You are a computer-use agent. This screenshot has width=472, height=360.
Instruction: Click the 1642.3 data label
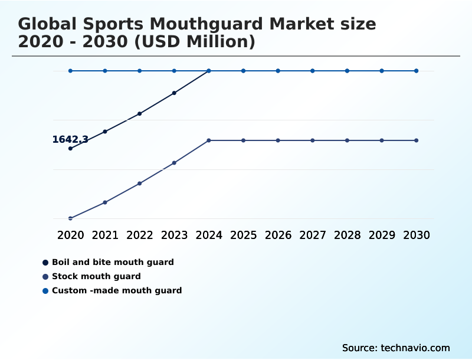70,140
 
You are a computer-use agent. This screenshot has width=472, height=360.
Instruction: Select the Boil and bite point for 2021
105,132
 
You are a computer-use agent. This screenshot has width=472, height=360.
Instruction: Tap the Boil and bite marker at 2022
140,113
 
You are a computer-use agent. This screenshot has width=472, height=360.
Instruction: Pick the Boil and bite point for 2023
174,93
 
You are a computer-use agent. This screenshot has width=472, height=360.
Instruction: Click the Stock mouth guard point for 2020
70,218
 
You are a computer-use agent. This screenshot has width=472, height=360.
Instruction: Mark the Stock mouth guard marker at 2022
140,184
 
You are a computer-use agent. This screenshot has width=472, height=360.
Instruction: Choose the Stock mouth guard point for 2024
209,140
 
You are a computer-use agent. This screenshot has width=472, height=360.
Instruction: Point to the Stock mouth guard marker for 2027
313,140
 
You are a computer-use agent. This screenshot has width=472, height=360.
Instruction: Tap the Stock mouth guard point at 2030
417,140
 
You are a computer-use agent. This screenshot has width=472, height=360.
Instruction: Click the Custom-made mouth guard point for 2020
70,71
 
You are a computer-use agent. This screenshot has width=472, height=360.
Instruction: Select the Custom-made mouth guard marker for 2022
140,71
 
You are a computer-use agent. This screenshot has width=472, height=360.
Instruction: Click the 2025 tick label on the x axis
243,235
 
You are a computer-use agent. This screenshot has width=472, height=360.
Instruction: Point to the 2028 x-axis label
347,235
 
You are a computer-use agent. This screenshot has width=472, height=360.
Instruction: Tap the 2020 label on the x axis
70,235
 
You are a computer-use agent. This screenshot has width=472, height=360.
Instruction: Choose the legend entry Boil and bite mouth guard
113,262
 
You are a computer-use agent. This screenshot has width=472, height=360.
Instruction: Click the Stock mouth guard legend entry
96,276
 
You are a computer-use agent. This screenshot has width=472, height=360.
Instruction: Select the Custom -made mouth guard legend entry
117,290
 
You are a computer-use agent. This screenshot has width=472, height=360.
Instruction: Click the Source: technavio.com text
396,348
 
